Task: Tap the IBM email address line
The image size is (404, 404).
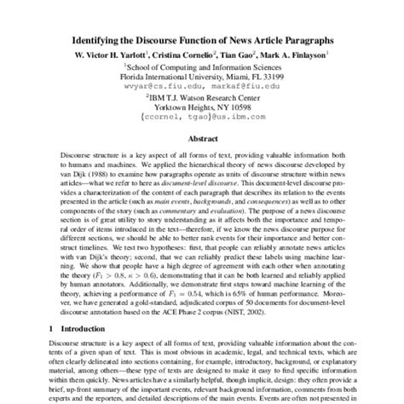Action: pos(201,118)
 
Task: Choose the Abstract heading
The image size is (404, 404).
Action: pos(202,139)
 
